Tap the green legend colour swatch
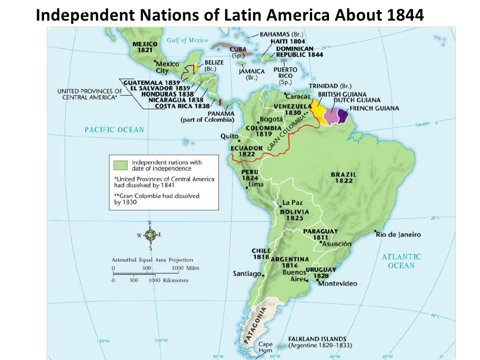(x=121, y=165)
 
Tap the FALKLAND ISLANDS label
(x=317, y=339)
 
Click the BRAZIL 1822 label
(x=344, y=177)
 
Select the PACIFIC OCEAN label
(x=114, y=129)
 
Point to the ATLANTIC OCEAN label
(x=401, y=261)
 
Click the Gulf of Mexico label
(x=187, y=40)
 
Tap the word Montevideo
(x=337, y=284)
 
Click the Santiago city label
(x=247, y=273)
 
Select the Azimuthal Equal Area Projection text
(x=152, y=260)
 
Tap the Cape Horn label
(x=265, y=347)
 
